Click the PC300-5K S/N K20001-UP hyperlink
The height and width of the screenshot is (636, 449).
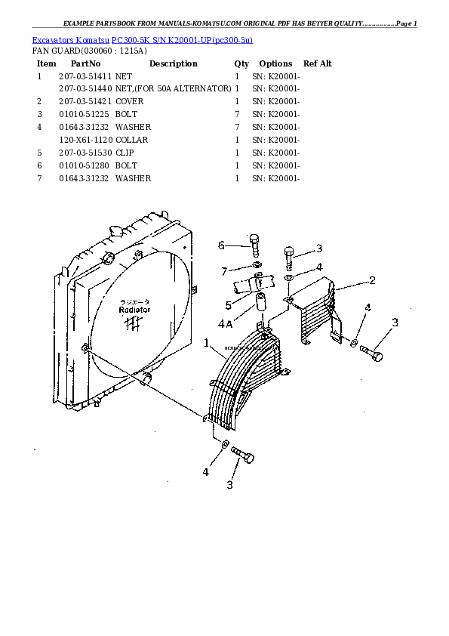(182, 39)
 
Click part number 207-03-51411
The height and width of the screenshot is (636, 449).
(85, 76)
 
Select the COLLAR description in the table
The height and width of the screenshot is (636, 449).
(131, 140)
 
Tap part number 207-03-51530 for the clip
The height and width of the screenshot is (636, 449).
(85, 153)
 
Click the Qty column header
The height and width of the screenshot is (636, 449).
(241, 63)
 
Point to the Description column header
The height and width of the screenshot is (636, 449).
(173, 63)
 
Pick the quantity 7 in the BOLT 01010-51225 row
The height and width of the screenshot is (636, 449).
(237, 114)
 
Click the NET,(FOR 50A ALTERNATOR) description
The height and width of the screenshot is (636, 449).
(173, 89)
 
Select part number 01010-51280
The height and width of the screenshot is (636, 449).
(85, 165)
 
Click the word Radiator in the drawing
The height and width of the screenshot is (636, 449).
(134, 310)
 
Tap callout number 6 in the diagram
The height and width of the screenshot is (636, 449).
(222, 245)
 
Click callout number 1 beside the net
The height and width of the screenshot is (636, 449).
(206, 343)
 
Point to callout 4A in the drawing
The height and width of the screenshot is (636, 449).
(225, 325)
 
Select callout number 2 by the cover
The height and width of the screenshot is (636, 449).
(372, 280)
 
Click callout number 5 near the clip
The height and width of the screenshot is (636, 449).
(228, 305)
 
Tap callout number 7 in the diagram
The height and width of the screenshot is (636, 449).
(224, 270)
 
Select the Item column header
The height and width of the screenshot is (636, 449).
(46, 63)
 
